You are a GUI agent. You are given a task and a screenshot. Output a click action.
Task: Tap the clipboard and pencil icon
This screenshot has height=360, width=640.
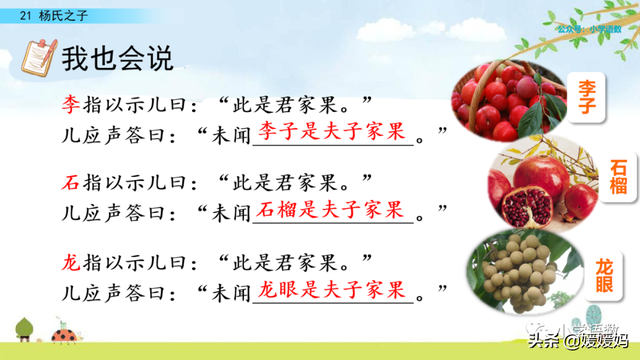[36, 55]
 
